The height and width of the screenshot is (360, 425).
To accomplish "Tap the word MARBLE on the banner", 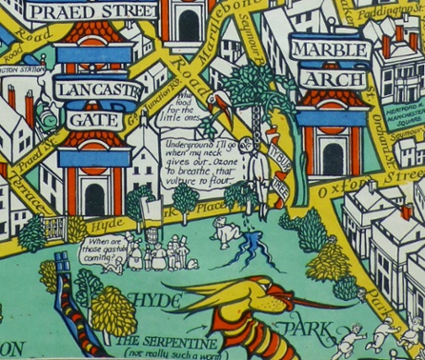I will click(330, 49).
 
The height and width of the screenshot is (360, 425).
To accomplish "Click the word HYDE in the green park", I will click(152, 300).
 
